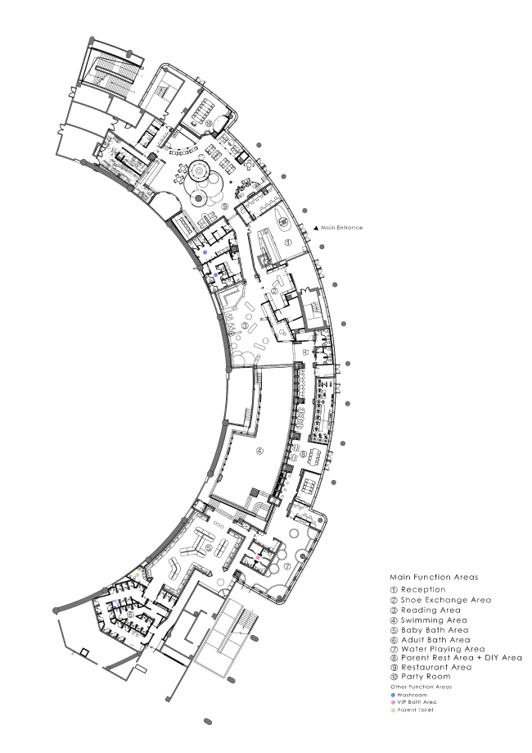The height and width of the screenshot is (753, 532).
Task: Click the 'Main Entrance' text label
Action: (x=342, y=228)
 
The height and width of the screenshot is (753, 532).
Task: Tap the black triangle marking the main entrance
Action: (x=316, y=228)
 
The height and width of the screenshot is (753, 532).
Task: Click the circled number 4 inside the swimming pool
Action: (x=259, y=451)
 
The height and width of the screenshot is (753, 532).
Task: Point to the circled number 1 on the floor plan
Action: (x=288, y=243)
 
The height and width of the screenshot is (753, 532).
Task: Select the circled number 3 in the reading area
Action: (x=246, y=326)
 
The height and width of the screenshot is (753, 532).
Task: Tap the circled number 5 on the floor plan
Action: (x=209, y=547)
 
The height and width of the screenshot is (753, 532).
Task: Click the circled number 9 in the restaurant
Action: (x=225, y=207)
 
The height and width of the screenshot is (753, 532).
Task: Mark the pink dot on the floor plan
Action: (x=258, y=557)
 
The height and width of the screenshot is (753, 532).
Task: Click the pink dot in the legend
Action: (x=394, y=702)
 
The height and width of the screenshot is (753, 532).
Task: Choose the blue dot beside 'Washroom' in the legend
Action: (x=394, y=695)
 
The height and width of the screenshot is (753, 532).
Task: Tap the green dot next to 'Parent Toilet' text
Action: (x=394, y=710)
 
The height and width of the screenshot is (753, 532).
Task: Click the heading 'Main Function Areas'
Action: (x=434, y=577)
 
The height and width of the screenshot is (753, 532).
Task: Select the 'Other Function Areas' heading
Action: (x=421, y=687)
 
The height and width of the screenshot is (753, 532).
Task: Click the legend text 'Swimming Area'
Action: (x=434, y=620)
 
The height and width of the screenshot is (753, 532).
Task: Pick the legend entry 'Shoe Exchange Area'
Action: (x=445, y=600)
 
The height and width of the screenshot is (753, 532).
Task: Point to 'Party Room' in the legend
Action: (x=426, y=677)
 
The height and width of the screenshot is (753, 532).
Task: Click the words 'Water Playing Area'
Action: (x=443, y=649)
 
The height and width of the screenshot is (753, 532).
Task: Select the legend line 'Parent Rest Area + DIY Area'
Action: (x=461, y=658)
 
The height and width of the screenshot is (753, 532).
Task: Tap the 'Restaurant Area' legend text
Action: (x=436, y=667)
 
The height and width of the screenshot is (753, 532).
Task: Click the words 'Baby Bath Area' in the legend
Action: (x=435, y=630)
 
